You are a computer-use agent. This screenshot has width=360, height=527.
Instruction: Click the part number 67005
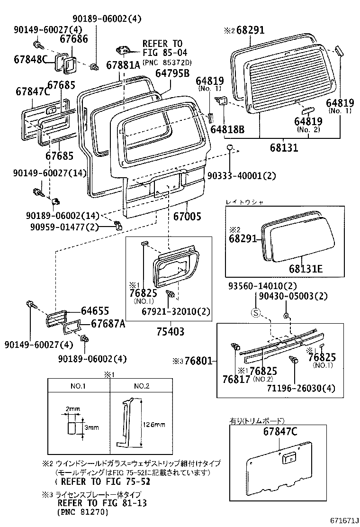(187, 217)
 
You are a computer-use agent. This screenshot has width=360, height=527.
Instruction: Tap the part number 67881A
(123, 65)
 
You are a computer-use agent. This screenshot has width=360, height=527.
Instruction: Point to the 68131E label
(306, 269)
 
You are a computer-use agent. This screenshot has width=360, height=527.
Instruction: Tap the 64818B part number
(227, 129)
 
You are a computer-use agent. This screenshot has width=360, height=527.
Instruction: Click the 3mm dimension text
(92, 427)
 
